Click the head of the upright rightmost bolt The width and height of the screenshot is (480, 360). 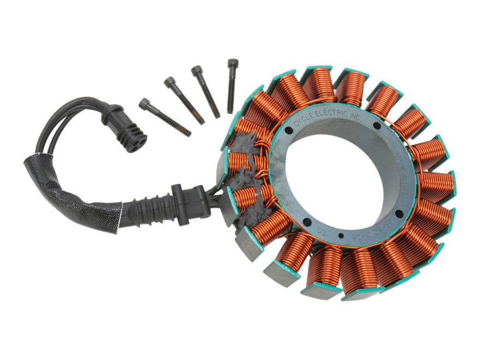pos(233,63)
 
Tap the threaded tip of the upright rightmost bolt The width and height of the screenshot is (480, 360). pos(231,111)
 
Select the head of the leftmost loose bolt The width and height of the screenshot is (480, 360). pos(144,103)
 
